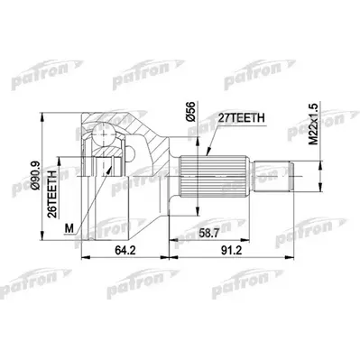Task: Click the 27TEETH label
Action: coord(237,115)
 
